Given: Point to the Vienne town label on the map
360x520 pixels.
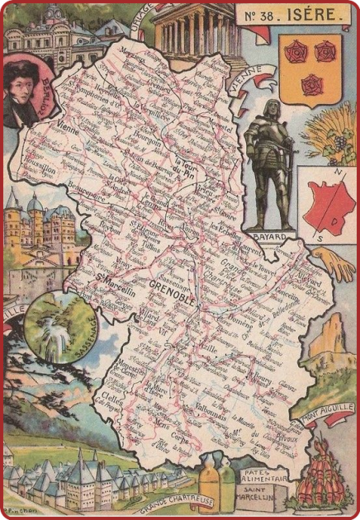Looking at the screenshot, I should (77, 128).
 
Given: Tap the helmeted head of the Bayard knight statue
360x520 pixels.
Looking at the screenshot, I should (272, 108).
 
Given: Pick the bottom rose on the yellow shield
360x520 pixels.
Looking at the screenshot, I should (311, 83).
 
